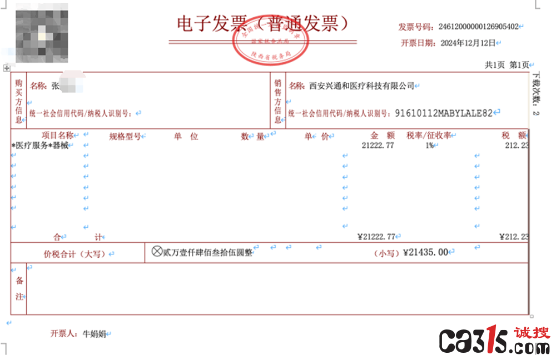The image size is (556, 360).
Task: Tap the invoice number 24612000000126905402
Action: (x=478, y=27)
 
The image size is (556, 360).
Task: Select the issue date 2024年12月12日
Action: (x=468, y=43)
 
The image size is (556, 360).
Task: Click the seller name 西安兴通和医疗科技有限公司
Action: (x=362, y=86)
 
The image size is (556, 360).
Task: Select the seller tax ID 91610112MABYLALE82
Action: (x=444, y=113)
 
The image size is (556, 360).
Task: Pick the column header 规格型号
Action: (x=125, y=136)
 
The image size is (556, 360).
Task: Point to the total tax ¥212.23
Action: (x=514, y=237)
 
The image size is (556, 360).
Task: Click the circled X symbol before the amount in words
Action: (x=157, y=252)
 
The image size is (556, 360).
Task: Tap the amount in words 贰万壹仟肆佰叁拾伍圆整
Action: (x=207, y=252)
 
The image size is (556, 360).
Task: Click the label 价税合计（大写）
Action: (x=76, y=254)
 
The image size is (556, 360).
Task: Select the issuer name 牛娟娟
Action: (x=94, y=334)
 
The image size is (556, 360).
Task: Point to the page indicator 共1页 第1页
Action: (x=507, y=65)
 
